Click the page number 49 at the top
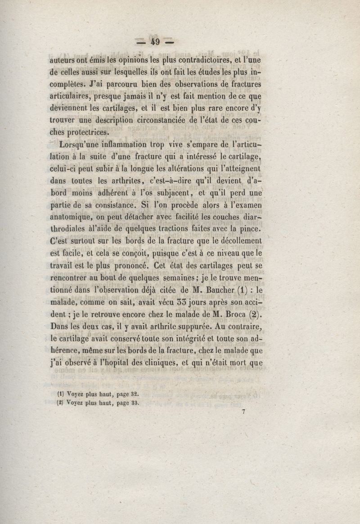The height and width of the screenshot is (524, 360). [x=156, y=42]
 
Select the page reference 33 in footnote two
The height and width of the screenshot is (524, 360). [x=132, y=404]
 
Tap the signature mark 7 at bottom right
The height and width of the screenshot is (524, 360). [x=243, y=416]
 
